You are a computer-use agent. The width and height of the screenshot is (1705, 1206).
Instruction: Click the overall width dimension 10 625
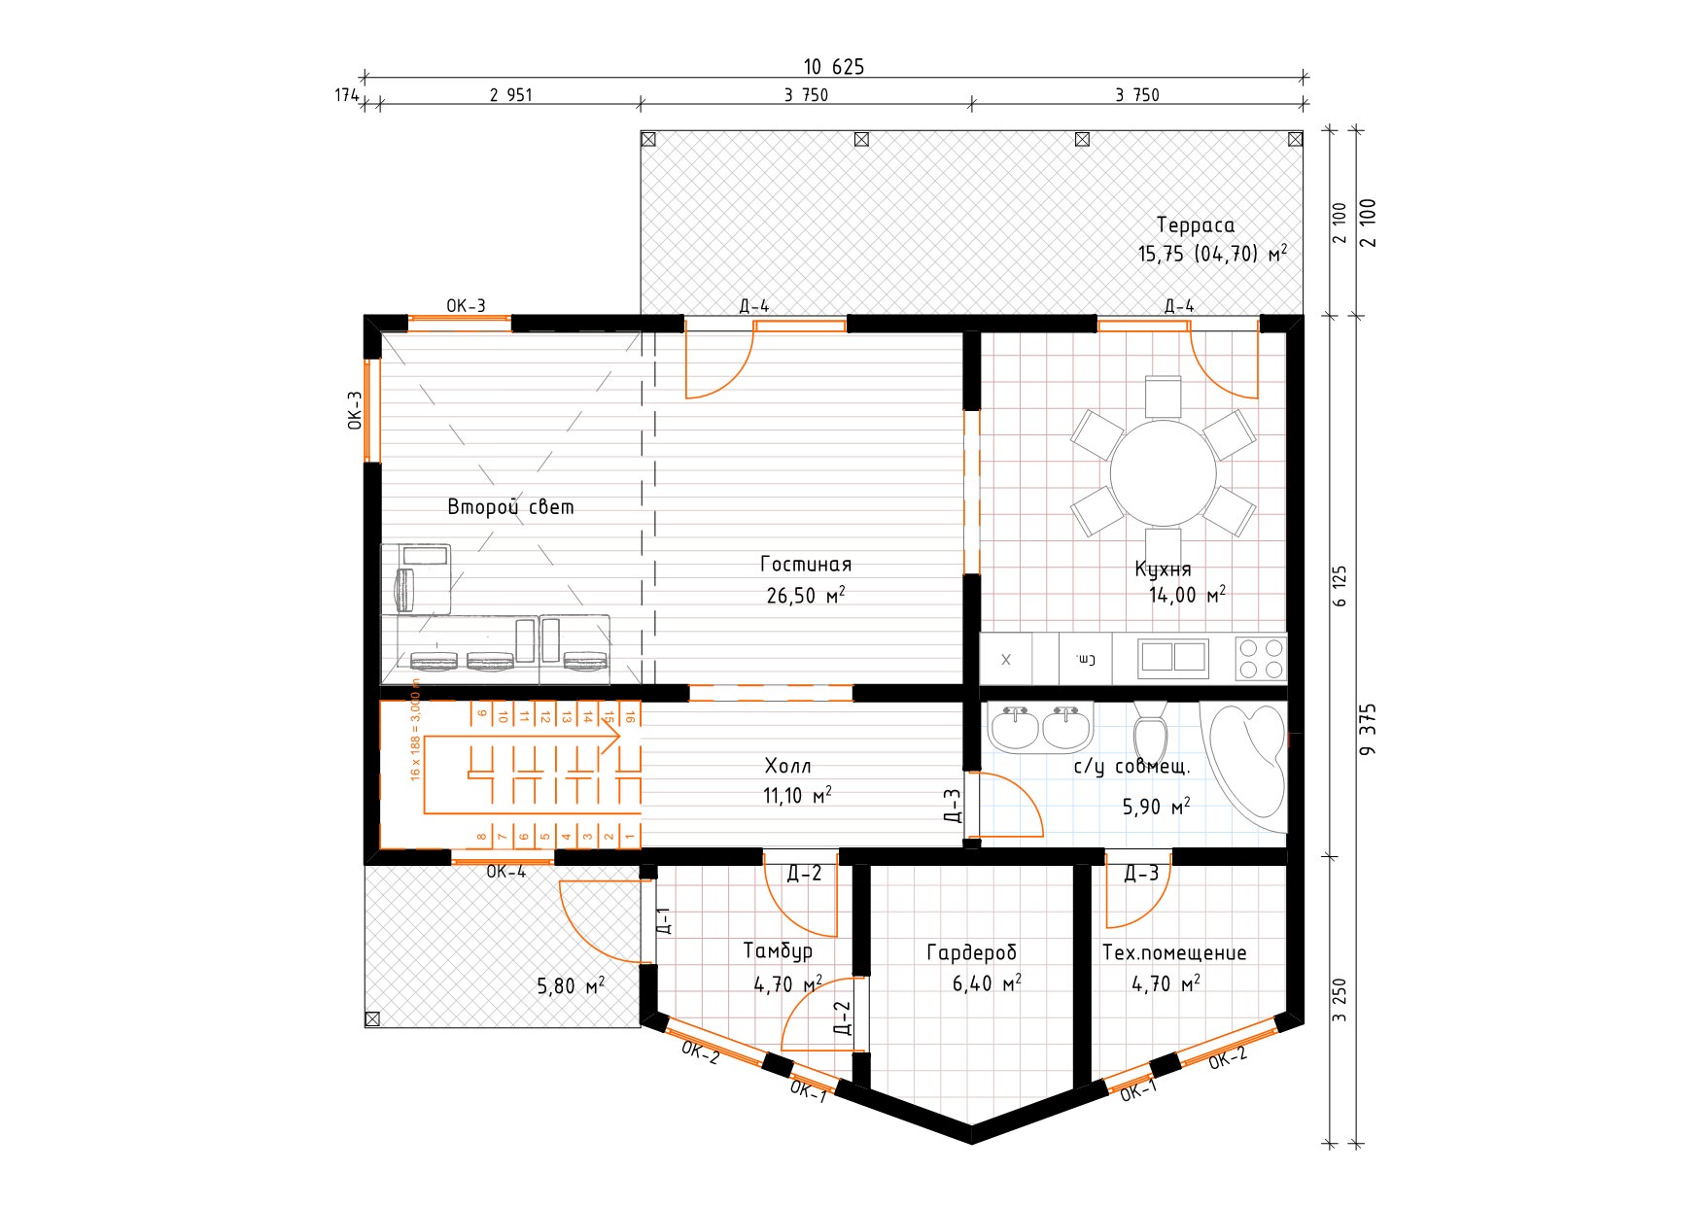[x=833, y=67]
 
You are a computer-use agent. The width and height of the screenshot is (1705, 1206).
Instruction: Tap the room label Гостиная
[x=806, y=565]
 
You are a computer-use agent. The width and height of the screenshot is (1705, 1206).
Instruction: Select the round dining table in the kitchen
[x=1163, y=473]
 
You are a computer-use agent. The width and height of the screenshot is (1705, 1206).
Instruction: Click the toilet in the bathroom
[x=1150, y=733]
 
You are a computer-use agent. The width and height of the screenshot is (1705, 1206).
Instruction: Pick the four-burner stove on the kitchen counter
[x=1261, y=658]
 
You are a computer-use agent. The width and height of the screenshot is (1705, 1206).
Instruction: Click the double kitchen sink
[x=1173, y=657]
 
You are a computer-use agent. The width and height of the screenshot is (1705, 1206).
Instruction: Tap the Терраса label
[x=1195, y=225]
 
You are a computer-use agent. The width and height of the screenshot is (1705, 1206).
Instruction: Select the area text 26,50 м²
[x=806, y=595]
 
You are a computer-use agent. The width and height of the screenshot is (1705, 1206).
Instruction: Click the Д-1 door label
[x=664, y=920]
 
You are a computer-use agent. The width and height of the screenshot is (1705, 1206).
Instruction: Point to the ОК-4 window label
[x=506, y=872]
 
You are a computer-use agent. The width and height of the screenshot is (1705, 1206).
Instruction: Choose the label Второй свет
[x=510, y=507]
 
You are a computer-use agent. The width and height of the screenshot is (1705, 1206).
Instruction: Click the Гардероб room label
[x=971, y=953]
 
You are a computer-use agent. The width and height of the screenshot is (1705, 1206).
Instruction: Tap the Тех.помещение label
[x=1174, y=952]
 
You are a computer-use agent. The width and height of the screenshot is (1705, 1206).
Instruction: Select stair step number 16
[x=630, y=716]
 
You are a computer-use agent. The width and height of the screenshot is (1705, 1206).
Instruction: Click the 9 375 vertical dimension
[x=1369, y=730]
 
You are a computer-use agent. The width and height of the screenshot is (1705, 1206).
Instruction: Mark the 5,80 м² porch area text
[x=572, y=986]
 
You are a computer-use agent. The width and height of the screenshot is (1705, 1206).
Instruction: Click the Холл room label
[x=787, y=766]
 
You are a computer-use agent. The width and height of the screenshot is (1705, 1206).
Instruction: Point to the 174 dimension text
[x=347, y=95]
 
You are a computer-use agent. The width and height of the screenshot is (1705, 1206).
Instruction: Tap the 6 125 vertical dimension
[x=1340, y=586]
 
